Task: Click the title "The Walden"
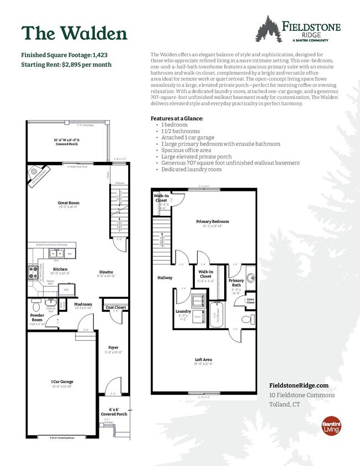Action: point(74,33)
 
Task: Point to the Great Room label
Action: point(70,203)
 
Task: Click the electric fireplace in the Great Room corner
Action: point(39,175)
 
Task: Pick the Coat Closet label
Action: point(116,308)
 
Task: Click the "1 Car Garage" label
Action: point(62,382)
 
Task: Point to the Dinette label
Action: point(107,272)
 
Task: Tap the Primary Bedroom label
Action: point(213,221)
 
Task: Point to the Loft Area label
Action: point(204,359)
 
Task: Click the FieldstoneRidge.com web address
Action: point(299,385)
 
